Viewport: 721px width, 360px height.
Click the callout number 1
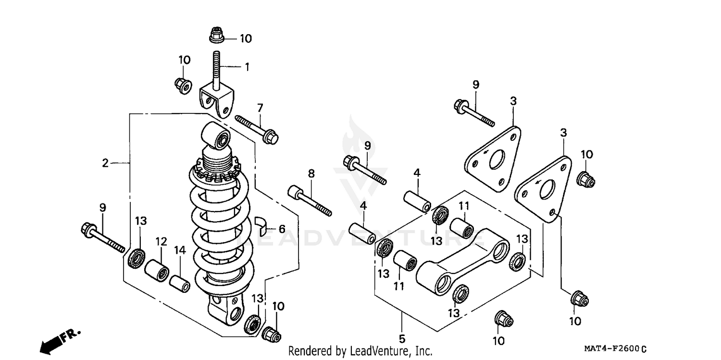point(247,67)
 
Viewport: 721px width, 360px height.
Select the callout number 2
point(105,163)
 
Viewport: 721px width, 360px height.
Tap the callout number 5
point(402,338)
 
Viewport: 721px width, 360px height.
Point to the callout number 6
point(282,229)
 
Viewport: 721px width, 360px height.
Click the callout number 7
point(260,107)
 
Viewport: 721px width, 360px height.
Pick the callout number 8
point(311,173)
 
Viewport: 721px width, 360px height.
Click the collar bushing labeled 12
point(158,271)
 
